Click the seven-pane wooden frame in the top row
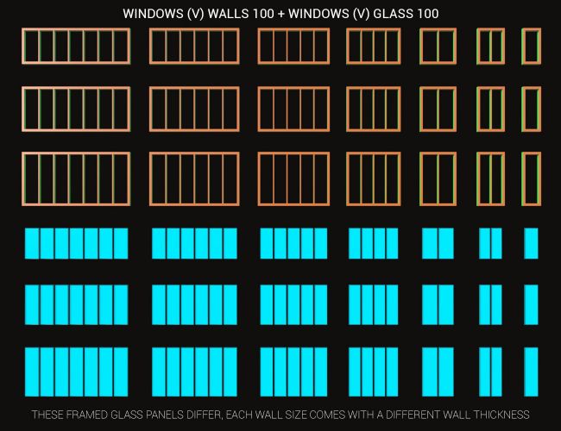pos(76,46)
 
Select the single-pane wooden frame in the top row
pos(531,46)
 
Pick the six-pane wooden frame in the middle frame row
pos(194,108)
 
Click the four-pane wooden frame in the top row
pos(373,46)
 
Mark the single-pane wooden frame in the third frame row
pos(531,179)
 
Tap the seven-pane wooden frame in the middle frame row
pos(76,108)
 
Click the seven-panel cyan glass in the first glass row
pos(76,243)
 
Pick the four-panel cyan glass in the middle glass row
pos(373,305)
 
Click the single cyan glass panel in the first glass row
pos(531,243)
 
